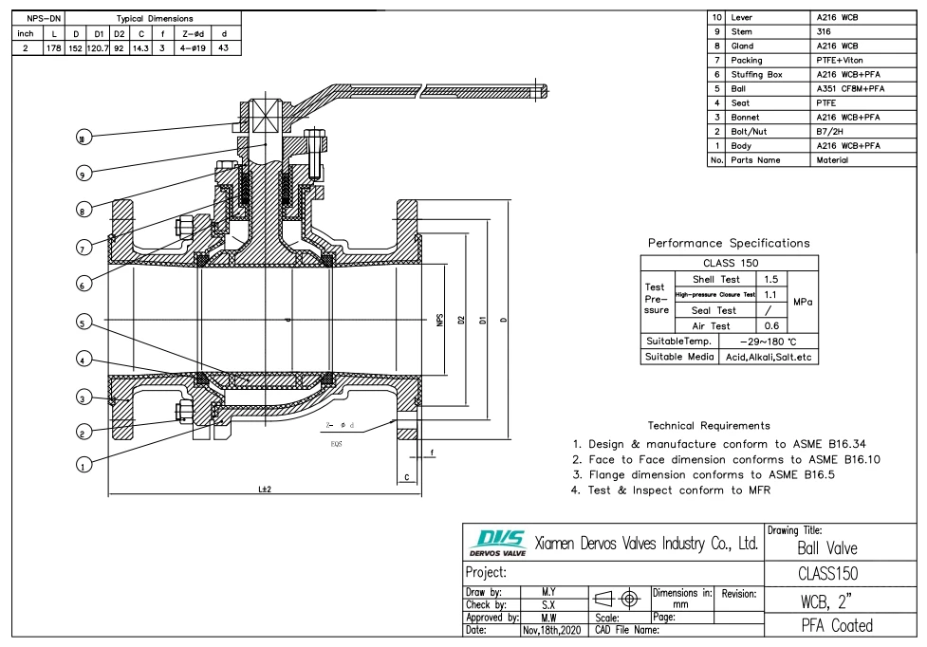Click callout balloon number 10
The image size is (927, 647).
click(x=85, y=138)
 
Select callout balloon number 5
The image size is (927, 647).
click(x=85, y=323)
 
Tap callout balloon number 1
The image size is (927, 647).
click(x=85, y=465)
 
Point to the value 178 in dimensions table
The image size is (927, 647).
click(x=52, y=48)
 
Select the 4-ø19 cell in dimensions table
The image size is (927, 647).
click(x=192, y=48)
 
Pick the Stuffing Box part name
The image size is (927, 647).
click(x=756, y=74)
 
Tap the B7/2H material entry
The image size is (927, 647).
click(x=831, y=132)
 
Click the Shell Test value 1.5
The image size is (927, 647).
click(x=771, y=280)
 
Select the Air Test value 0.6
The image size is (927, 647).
click(x=771, y=325)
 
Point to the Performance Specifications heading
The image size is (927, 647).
click(x=729, y=243)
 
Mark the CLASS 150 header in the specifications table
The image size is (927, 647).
click(x=730, y=264)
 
